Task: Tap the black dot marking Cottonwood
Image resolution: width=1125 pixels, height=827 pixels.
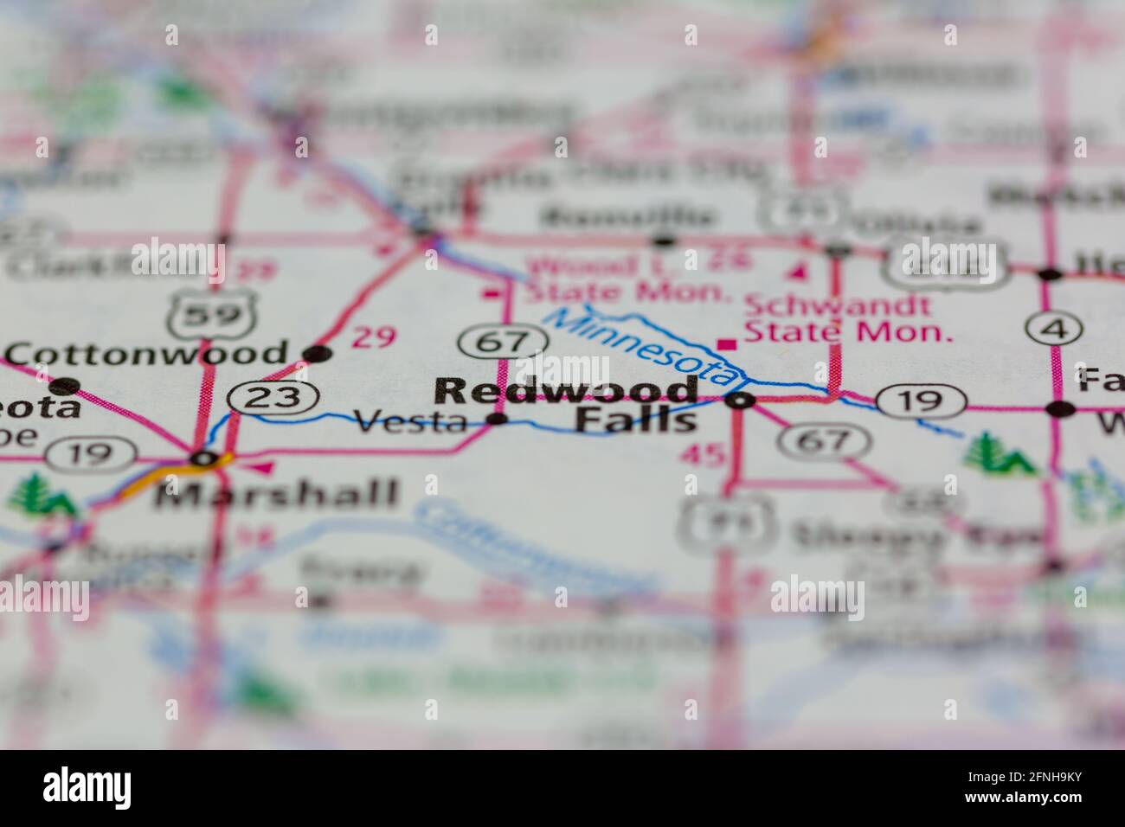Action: point(318,353)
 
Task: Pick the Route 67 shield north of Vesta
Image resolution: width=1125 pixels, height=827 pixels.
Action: point(505,341)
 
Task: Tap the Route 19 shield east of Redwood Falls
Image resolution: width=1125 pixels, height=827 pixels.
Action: point(921,401)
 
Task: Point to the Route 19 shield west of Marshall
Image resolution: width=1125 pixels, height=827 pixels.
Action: point(91,452)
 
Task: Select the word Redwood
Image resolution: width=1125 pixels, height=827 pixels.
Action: point(567,391)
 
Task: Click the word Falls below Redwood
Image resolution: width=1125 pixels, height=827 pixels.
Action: point(636,421)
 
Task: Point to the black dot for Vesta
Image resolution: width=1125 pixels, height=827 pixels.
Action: point(498,420)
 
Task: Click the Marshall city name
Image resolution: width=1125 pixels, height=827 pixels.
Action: point(275,494)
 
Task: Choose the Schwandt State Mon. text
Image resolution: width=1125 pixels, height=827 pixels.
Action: point(848,317)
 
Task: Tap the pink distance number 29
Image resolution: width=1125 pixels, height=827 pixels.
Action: point(375,337)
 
